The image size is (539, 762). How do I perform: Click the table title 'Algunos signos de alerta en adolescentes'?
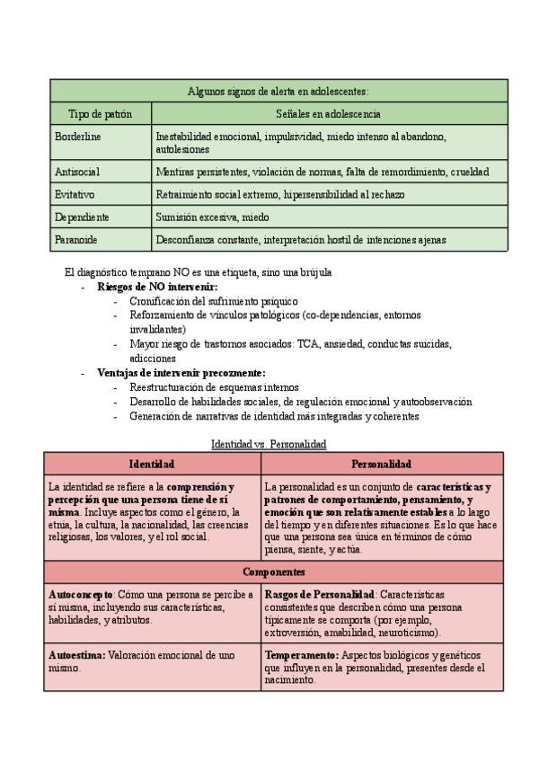[x=278, y=91]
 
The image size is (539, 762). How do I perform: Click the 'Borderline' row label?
[x=78, y=137]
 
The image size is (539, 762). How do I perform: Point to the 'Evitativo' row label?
[x=75, y=194]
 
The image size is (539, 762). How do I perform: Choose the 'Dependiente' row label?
[x=82, y=217]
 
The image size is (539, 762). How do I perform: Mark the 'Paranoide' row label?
[x=76, y=240]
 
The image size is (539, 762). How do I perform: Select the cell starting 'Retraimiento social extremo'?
[x=279, y=194]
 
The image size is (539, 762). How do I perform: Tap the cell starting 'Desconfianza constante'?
[x=301, y=240]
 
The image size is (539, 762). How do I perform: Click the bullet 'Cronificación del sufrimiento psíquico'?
[x=214, y=301]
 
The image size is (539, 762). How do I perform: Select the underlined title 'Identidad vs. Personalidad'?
[x=268, y=444]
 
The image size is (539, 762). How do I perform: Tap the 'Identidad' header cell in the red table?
[x=152, y=464]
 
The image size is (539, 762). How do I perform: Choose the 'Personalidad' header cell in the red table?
[x=382, y=464]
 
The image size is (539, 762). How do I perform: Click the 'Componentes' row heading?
[x=274, y=571]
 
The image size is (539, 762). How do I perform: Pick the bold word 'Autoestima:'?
[x=75, y=656]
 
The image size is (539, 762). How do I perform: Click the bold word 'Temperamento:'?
[x=302, y=656]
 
